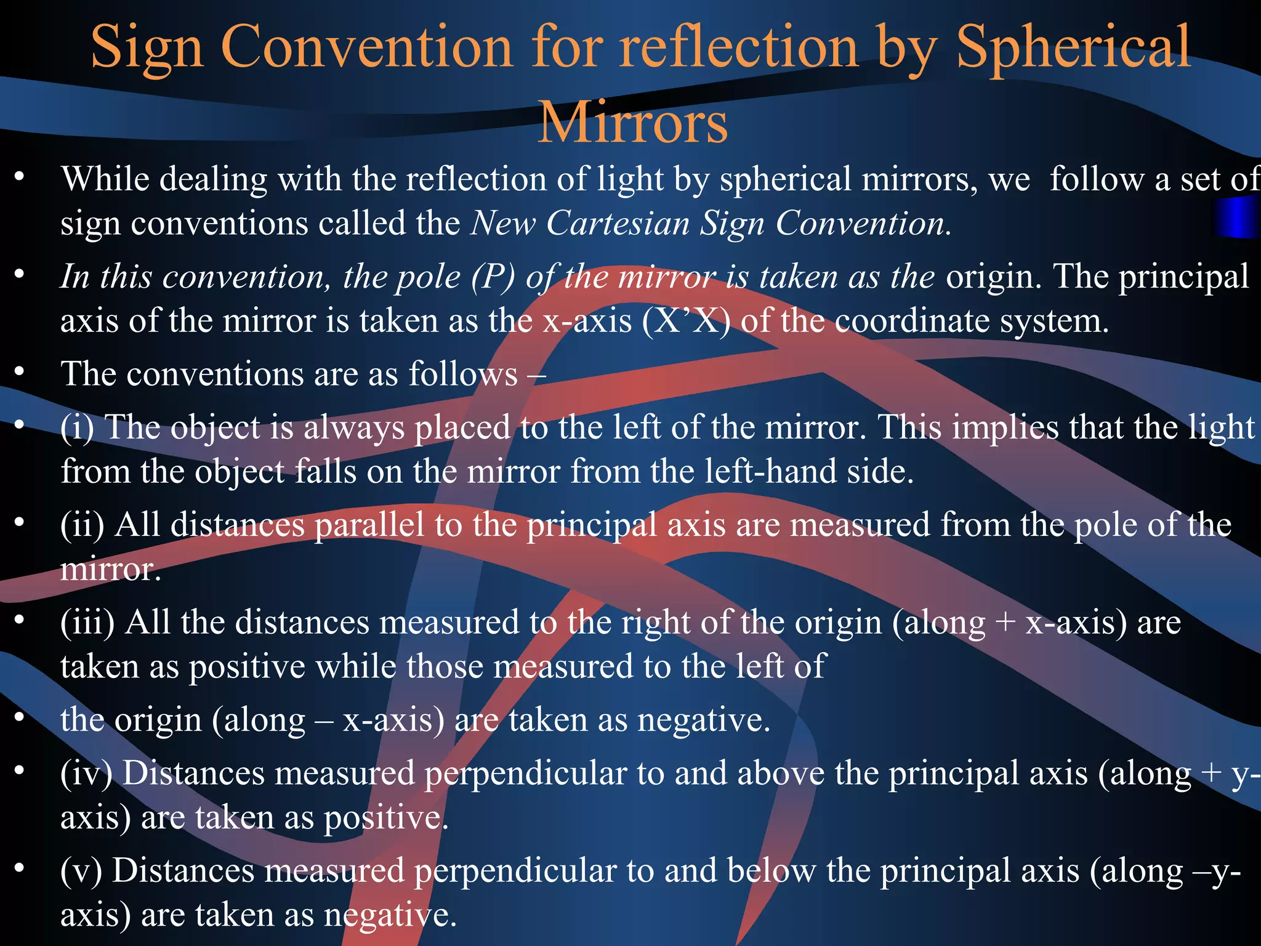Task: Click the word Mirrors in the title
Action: [x=632, y=122]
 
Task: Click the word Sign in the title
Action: [x=147, y=48]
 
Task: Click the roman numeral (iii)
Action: [x=87, y=622]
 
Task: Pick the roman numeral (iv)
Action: [x=87, y=773]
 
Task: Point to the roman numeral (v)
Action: [x=81, y=871]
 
